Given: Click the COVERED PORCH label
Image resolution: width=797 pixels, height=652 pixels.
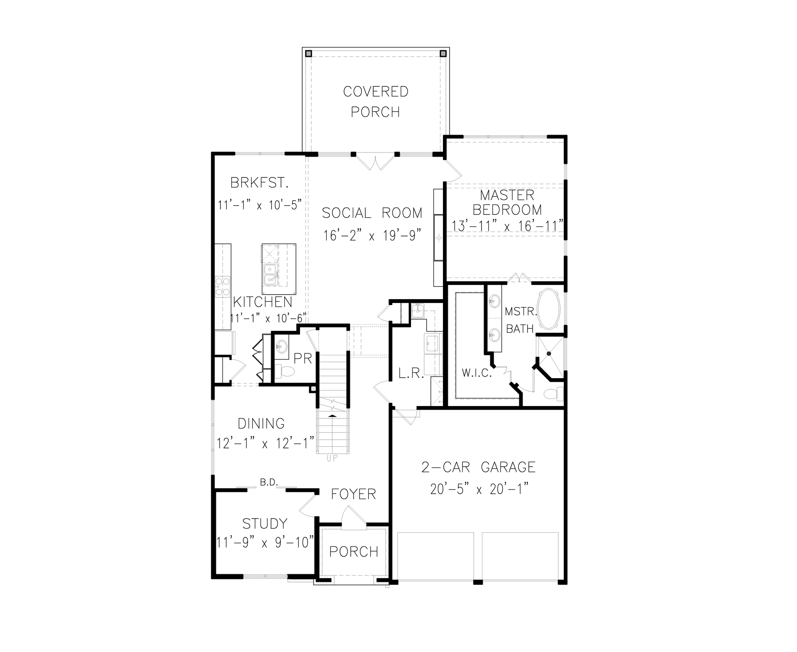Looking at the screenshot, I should click(x=376, y=102).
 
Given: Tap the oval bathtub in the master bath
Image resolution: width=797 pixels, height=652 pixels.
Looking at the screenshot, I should click(x=549, y=309).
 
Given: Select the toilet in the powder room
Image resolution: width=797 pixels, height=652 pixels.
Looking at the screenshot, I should click(x=285, y=371).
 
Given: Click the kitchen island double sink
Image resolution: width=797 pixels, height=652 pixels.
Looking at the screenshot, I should click(x=270, y=275).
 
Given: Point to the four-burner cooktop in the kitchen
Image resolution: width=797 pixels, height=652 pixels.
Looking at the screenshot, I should click(x=223, y=287).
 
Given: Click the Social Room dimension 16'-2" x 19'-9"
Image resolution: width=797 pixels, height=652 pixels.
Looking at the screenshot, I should click(x=372, y=236).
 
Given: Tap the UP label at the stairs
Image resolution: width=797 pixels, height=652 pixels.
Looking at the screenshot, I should click(x=332, y=459).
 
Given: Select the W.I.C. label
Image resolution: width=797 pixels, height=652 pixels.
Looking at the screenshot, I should click(x=477, y=373).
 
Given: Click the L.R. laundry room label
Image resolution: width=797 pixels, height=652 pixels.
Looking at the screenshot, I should click(x=411, y=374).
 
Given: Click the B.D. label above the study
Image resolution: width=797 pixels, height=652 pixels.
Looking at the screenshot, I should click(x=269, y=482).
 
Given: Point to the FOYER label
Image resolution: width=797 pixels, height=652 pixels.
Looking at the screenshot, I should click(x=353, y=494).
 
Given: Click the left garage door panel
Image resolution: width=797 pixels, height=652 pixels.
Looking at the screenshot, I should click(x=435, y=556).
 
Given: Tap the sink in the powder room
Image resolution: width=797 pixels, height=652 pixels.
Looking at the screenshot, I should click(x=282, y=345).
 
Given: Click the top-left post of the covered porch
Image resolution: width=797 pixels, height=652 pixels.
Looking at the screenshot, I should click(x=308, y=54).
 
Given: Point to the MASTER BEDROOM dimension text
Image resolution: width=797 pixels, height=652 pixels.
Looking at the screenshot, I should click(x=507, y=226).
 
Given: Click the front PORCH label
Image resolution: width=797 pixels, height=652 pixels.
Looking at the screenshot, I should click(x=354, y=551).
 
